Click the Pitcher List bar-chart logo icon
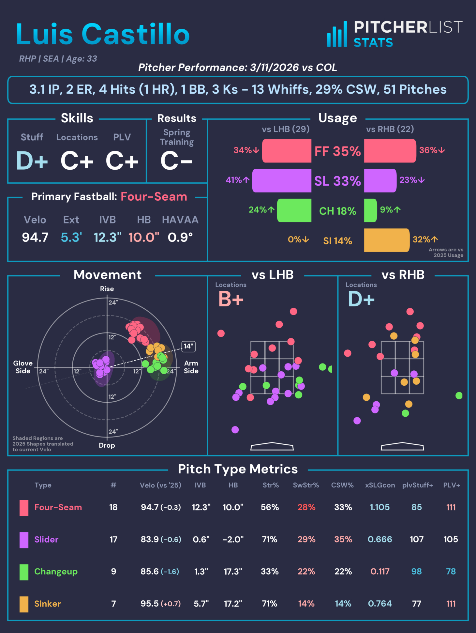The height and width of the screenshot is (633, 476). click(x=337, y=35)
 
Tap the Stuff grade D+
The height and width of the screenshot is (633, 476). click(x=32, y=161)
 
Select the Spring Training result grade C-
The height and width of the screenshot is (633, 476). click(x=176, y=161)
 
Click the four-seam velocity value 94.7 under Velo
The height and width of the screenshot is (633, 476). click(x=35, y=237)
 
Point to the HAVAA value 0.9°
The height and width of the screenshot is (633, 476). click(x=180, y=237)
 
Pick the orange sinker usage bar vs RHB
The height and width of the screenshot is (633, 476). click(x=386, y=240)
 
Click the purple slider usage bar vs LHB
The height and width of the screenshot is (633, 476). click(x=282, y=180)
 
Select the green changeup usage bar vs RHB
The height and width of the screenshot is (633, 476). click(x=370, y=210)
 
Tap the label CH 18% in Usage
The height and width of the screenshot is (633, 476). click(x=337, y=211)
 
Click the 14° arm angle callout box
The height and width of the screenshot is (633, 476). click(x=188, y=346)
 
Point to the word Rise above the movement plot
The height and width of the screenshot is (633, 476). click(x=107, y=289)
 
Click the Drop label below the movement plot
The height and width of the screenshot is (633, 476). click(x=107, y=445)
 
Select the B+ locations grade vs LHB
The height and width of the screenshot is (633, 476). click(x=231, y=299)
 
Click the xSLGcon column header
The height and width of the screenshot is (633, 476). click(x=380, y=485)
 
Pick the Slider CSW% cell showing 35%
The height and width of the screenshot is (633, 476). click(x=343, y=539)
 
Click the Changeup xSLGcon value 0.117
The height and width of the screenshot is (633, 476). click(x=380, y=571)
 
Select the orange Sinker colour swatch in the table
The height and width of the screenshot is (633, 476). click(x=24, y=604)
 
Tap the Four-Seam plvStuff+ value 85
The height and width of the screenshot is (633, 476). click(x=417, y=507)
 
